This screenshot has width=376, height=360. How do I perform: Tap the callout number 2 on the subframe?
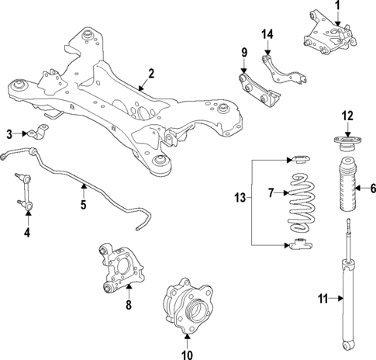click(x=151, y=74)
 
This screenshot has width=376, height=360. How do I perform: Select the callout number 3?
click(x=9, y=133)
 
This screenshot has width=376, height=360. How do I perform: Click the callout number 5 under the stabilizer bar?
click(x=83, y=206)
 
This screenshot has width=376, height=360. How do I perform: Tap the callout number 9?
click(x=243, y=54)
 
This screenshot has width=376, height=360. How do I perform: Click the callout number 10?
click(x=187, y=355)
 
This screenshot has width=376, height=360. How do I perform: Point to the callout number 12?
click(x=347, y=116)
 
